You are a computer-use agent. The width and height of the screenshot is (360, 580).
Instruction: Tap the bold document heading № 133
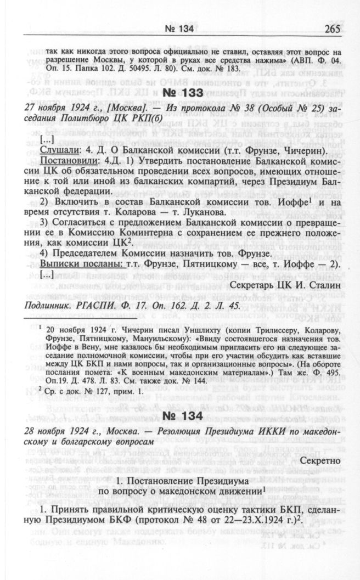click(184, 92)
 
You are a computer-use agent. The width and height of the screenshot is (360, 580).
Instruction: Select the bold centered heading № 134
click(184, 415)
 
